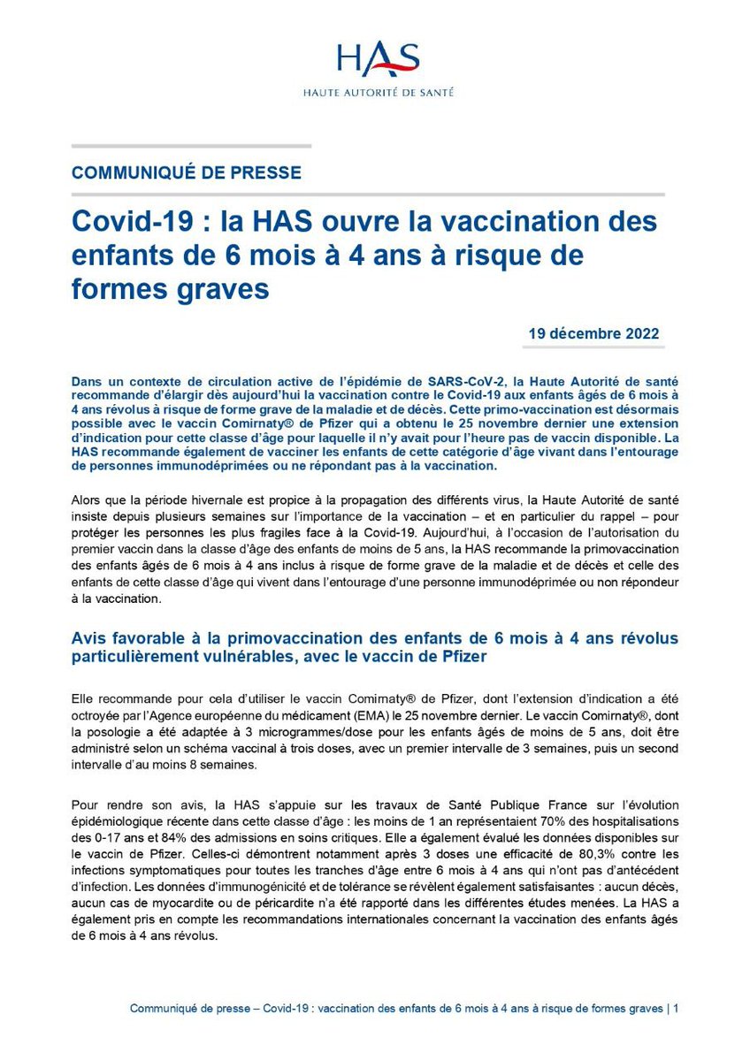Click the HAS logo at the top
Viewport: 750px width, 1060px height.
click(x=377, y=60)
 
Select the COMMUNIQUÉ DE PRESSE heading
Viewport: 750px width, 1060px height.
click(x=186, y=172)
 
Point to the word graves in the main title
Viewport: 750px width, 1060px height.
click(x=221, y=289)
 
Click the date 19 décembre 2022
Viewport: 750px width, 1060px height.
click(x=593, y=334)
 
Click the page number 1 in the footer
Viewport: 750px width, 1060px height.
click(x=676, y=1008)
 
